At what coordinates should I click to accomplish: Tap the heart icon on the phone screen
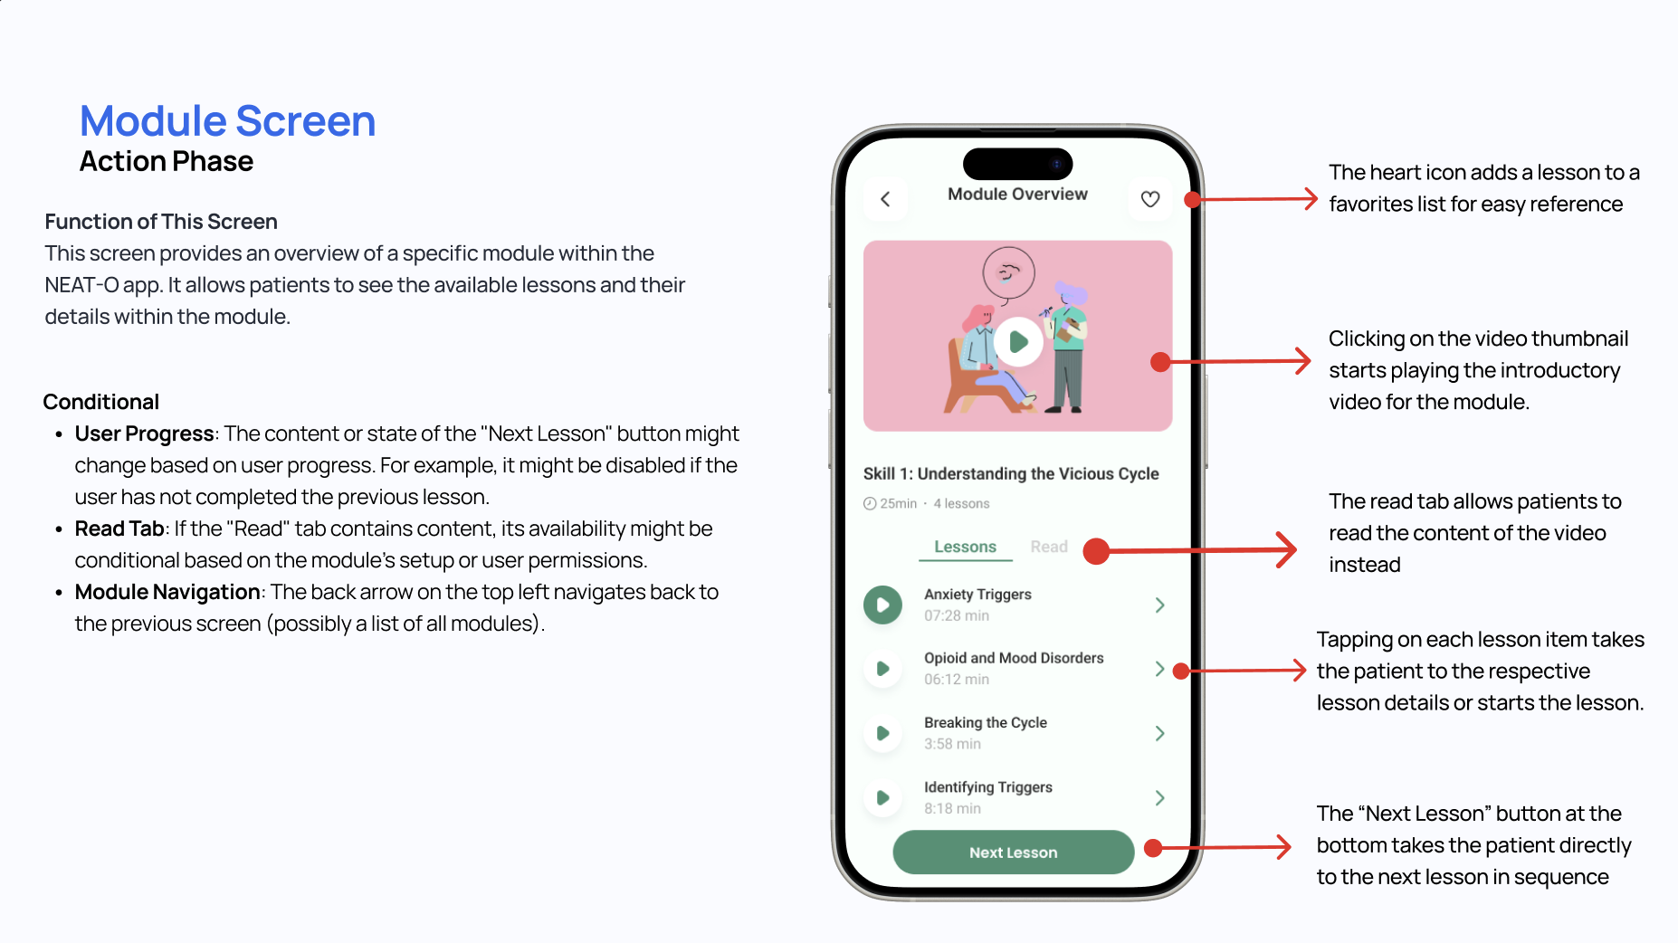pos(1149,199)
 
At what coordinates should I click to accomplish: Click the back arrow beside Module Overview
pos(885,199)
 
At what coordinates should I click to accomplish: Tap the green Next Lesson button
pos(1013,853)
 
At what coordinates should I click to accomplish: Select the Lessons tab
pos(965,547)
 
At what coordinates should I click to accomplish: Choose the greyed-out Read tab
pos(1049,547)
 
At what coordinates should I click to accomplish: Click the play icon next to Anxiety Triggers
pos(882,605)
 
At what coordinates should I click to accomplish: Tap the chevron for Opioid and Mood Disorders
pos(1159,669)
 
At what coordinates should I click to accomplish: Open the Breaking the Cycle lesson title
pos(985,722)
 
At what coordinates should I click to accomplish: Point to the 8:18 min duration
pos(952,808)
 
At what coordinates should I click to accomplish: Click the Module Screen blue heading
pos(227,121)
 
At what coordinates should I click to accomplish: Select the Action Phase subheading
pos(167,161)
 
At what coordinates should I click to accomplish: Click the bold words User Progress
pos(144,433)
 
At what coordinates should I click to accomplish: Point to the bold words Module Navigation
pos(167,592)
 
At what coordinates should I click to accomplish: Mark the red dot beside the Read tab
pos(1096,551)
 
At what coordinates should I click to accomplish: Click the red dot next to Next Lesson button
pos(1153,848)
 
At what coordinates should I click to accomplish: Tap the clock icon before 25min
pos(870,503)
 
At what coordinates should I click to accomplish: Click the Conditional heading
pos(101,402)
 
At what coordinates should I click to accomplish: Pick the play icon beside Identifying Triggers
pos(882,797)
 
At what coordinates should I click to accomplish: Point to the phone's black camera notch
pos(1017,164)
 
